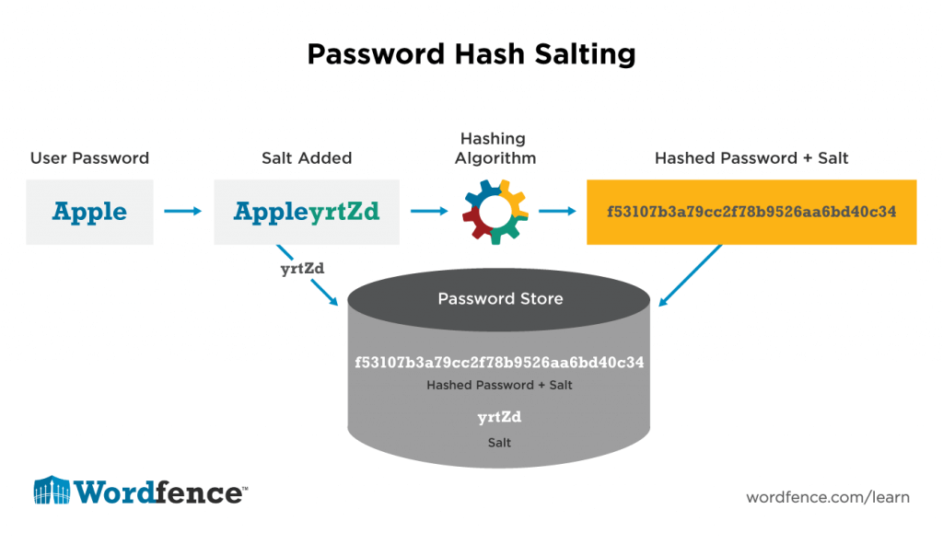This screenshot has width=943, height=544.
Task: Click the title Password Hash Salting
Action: point(471,54)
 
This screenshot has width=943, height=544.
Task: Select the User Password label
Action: point(89,158)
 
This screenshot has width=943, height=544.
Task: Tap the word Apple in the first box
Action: point(89,212)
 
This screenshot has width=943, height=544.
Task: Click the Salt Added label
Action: point(307,158)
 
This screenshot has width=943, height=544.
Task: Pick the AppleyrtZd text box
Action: point(307,212)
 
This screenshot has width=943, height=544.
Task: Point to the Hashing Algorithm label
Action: point(493,148)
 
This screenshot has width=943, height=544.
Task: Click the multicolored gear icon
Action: point(493,212)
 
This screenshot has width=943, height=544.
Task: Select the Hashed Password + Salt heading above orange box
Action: point(751,158)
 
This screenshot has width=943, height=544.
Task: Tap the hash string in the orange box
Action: point(751,212)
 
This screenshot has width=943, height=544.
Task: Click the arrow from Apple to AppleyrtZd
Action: point(182,212)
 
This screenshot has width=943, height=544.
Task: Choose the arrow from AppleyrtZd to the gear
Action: point(429,212)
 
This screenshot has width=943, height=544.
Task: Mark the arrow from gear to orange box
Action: point(557,212)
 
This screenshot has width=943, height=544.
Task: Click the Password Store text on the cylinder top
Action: point(500,298)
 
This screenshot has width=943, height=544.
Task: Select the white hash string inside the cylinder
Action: point(499,362)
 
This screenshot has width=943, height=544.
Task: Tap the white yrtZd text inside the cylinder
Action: point(499,417)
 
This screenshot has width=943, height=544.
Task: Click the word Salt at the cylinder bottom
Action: point(499,443)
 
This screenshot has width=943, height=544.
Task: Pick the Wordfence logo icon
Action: point(52,492)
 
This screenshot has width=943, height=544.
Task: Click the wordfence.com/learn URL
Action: point(828,497)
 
